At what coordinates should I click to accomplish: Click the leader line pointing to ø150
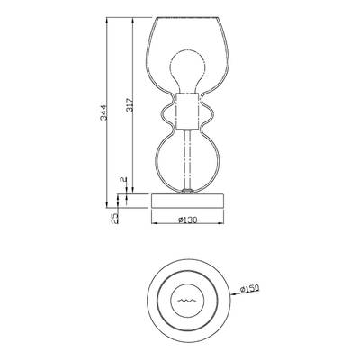tap(230, 294)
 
